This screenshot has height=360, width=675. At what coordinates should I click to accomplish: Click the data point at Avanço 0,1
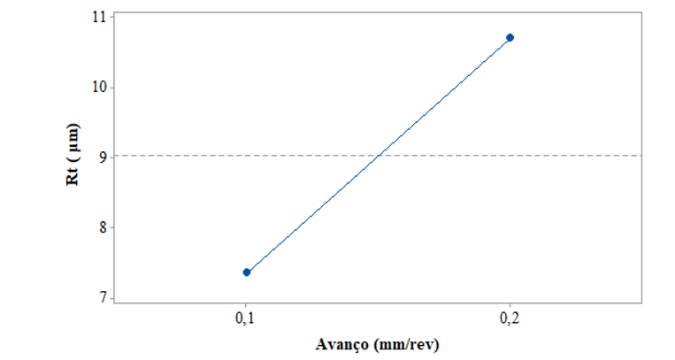coord(247,272)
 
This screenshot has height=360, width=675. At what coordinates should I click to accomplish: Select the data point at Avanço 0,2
coord(510,37)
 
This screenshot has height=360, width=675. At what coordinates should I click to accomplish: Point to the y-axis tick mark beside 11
coord(111,17)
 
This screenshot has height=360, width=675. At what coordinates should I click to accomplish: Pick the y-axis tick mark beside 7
coord(111,298)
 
